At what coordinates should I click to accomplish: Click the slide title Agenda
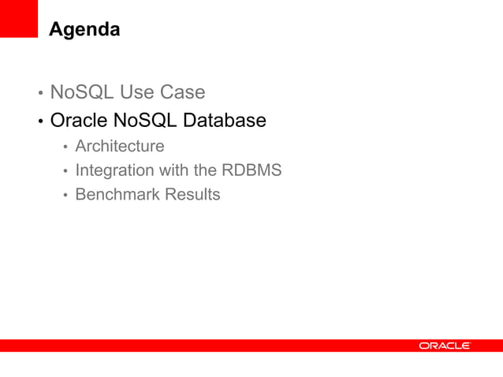click(84, 30)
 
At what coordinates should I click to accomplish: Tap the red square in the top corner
click(18, 17)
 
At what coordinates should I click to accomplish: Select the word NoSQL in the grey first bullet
click(81, 92)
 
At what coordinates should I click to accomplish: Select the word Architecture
click(120, 146)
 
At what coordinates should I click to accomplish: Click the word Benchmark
click(118, 194)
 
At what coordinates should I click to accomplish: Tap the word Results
click(193, 194)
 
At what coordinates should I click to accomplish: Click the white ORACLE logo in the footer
click(444, 345)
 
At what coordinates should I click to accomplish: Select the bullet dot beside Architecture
click(66, 147)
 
